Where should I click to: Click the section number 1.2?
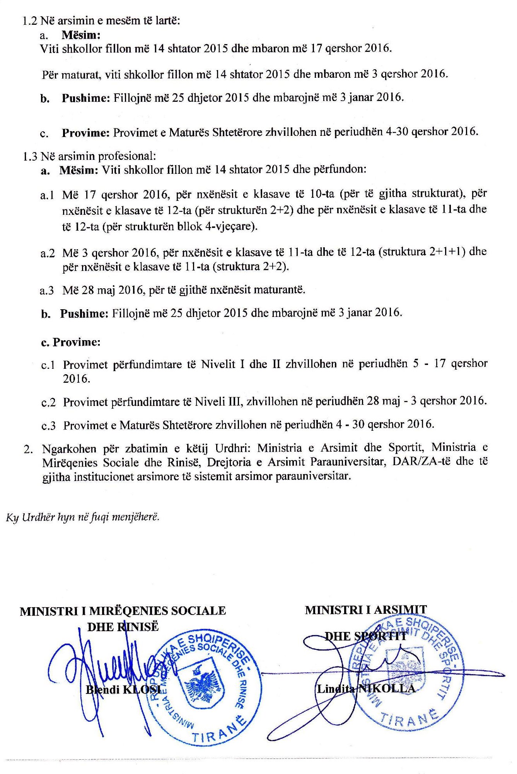[30, 21]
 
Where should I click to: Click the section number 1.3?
[30, 156]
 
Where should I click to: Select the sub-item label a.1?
[47, 195]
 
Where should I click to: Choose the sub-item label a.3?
[47, 290]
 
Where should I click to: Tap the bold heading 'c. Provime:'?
[71, 342]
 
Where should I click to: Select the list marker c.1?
[48, 365]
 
